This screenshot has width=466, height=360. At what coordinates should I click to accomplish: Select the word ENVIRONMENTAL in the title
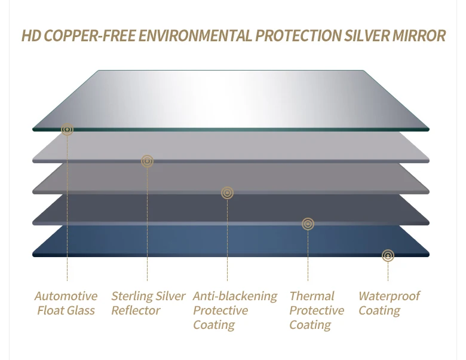(195, 36)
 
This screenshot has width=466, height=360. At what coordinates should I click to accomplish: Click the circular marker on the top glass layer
(68, 129)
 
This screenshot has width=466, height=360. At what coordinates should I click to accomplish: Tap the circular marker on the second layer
(148, 161)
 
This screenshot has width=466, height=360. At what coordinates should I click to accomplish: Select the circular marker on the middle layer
(227, 193)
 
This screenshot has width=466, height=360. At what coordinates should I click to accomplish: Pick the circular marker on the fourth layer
(308, 224)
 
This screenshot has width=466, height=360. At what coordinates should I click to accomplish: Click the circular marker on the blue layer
(388, 256)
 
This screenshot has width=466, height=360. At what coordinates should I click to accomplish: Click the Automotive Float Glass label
(66, 303)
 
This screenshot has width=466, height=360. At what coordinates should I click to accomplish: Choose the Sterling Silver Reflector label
(148, 303)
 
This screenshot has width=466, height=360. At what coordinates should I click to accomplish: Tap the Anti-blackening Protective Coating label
(235, 310)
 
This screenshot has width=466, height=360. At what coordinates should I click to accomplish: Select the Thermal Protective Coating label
(317, 310)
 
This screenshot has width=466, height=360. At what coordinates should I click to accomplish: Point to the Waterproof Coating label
(389, 303)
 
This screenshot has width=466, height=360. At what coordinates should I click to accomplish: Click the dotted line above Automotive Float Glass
(68, 209)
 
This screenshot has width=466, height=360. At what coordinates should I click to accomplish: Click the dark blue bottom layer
(179, 242)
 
